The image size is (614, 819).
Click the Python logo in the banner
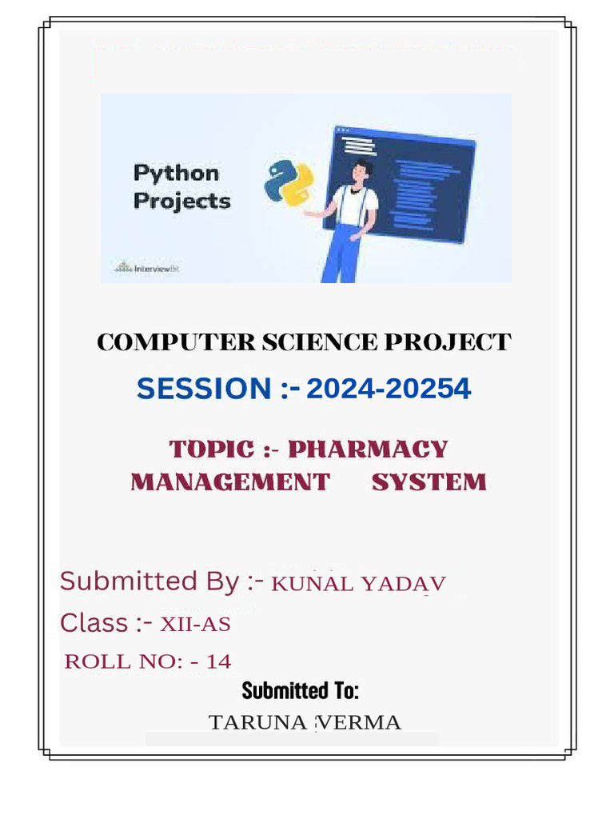pyautogui.click(x=289, y=183)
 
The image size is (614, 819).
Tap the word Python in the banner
pyautogui.click(x=176, y=174)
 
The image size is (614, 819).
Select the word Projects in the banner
pyautogui.click(x=181, y=201)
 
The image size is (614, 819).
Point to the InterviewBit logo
pyautogui.click(x=147, y=268)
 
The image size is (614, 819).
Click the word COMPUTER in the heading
pyautogui.click(x=177, y=342)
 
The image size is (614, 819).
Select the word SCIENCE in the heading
pyautogui.click(x=320, y=342)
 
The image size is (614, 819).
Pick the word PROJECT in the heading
pyautogui.click(x=448, y=342)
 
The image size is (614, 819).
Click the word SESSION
pyautogui.click(x=204, y=389)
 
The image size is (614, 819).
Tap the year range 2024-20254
pyautogui.click(x=389, y=389)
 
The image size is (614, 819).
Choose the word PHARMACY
pyautogui.click(x=368, y=449)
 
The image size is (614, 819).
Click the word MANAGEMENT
pyautogui.click(x=230, y=482)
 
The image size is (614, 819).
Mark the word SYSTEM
pyautogui.click(x=429, y=482)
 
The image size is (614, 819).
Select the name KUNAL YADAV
pyautogui.click(x=358, y=584)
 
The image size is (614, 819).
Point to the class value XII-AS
pyautogui.click(x=195, y=624)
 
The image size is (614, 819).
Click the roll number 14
pyautogui.click(x=219, y=661)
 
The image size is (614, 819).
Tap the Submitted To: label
pyautogui.click(x=301, y=690)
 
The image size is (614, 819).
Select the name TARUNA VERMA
pyautogui.click(x=305, y=723)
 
